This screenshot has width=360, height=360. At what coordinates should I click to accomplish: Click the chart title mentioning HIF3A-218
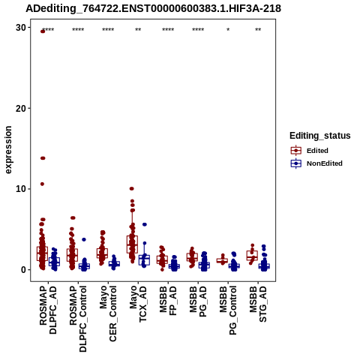coord(153,8)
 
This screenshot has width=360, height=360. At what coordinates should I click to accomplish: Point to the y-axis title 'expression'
coord(8,150)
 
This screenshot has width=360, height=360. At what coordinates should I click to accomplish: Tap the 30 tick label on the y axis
coord(21,28)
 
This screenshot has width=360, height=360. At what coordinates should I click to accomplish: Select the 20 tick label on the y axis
coord(21,108)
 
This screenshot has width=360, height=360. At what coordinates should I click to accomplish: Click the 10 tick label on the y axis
coord(21,189)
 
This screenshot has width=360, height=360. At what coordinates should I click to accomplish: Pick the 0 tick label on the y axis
coord(24,270)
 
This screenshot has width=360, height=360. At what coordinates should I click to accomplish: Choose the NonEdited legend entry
coord(316,163)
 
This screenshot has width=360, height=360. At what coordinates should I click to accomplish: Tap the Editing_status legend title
coord(320,136)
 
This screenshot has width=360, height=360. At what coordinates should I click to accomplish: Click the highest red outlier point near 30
coord(43,31)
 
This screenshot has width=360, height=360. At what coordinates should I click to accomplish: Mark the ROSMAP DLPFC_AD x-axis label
coord(48,310)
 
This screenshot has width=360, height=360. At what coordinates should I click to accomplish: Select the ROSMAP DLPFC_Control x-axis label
coord(78,319)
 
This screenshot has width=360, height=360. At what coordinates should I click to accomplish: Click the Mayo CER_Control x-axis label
coord(108,313)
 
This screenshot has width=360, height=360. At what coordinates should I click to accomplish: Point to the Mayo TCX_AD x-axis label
coord(138,304)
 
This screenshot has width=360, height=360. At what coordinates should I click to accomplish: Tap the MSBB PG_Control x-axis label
coord(228,310)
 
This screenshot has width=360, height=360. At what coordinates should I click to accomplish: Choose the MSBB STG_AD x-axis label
coord(258,304)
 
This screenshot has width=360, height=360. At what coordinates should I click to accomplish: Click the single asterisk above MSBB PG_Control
coord(228,30)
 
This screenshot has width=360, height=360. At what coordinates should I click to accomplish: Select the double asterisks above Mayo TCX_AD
coord(138,30)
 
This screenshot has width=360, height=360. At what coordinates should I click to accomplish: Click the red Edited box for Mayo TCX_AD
coord(132,244)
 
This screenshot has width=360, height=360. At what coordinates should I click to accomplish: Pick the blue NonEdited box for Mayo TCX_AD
coord(144,260)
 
